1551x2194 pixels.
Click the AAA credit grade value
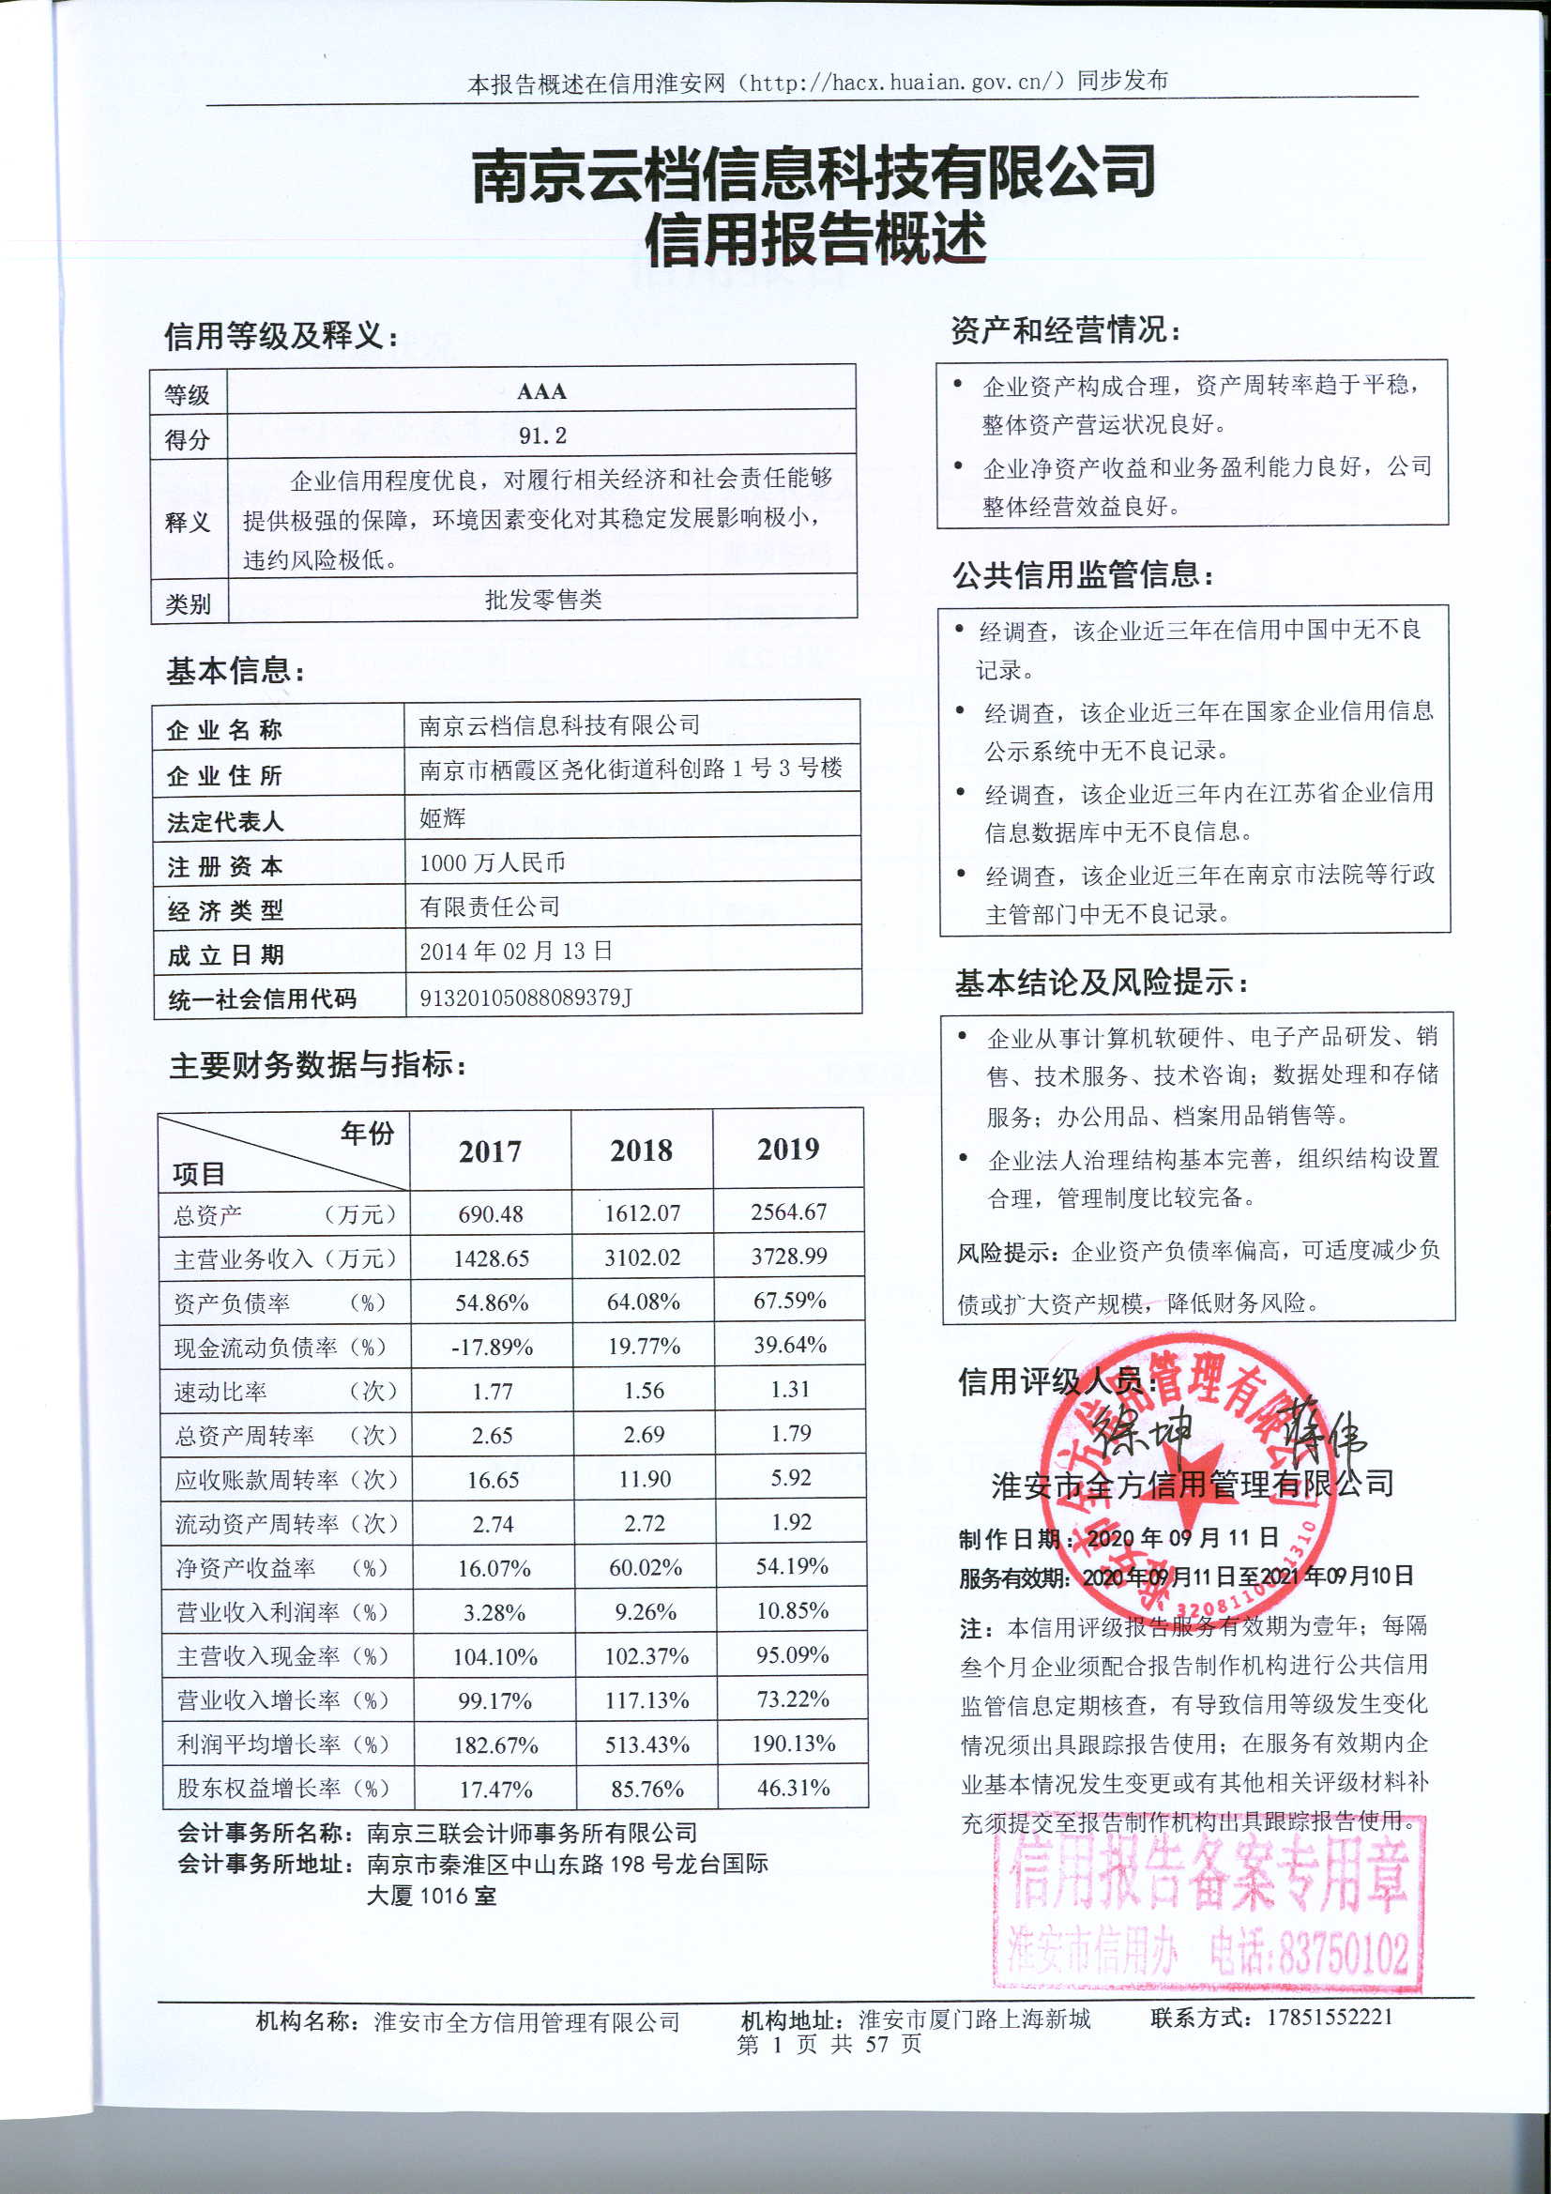pyautogui.click(x=540, y=392)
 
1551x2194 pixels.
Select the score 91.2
pyautogui.click(x=541, y=435)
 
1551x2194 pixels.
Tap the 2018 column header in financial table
pyautogui.click(x=641, y=1150)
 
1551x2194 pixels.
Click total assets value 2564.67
pyautogui.click(x=788, y=1211)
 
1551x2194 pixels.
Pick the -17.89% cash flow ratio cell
pyautogui.click(x=493, y=1348)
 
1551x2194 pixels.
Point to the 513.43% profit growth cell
pyautogui.click(x=647, y=1744)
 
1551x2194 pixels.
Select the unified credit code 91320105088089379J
pyautogui.click(x=525, y=998)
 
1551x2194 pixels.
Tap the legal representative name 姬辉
pyautogui.click(x=443, y=818)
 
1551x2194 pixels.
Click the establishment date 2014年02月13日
pyautogui.click(x=516, y=952)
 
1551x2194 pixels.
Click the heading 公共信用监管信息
pyautogui.click(x=1083, y=575)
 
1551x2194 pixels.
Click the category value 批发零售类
pyautogui.click(x=542, y=600)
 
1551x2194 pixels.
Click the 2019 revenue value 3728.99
pyautogui.click(x=788, y=1256)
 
